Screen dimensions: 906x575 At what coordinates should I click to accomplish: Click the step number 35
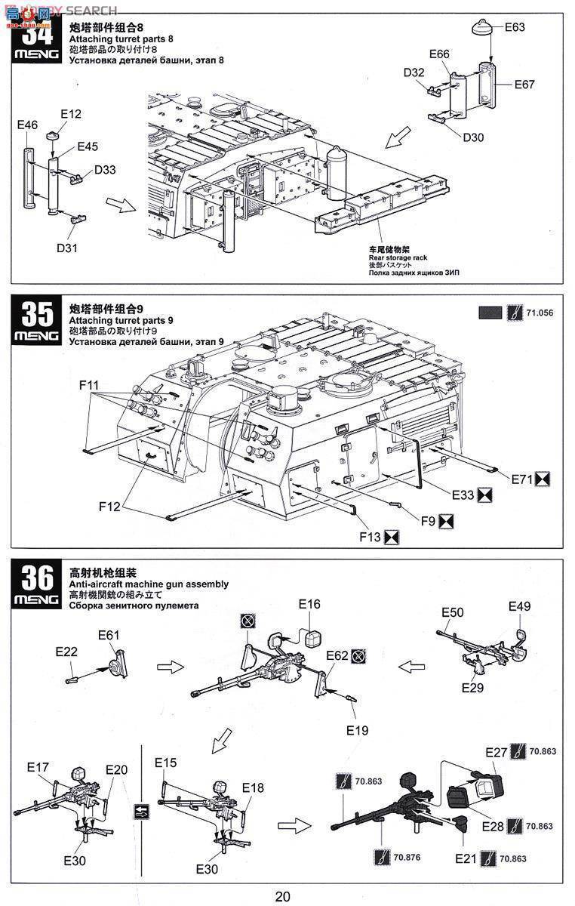[x=37, y=314]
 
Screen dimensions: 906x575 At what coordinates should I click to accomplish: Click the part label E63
[x=515, y=27]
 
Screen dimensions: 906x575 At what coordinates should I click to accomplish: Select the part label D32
[x=414, y=72]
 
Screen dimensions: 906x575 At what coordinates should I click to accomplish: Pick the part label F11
[x=89, y=384]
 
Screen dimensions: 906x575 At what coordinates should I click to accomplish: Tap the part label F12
[x=109, y=507]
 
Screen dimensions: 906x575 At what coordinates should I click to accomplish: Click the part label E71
[x=521, y=479]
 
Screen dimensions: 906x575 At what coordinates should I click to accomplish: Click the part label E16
[x=309, y=604]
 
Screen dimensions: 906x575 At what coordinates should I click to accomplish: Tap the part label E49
[x=519, y=606]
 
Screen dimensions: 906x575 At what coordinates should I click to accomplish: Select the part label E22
[x=66, y=651]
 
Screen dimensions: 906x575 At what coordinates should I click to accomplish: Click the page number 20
[x=282, y=897]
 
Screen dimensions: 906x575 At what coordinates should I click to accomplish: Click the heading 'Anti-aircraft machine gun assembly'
[x=148, y=584]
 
